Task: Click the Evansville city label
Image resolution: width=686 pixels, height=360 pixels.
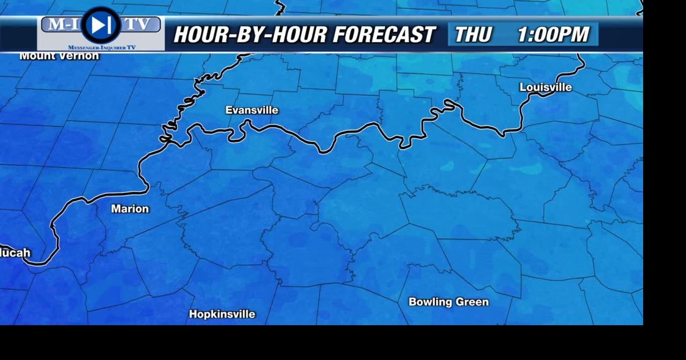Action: click(252, 110)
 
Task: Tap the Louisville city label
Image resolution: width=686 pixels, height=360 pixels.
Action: click(546, 87)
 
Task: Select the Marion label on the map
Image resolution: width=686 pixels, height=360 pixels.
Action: click(130, 209)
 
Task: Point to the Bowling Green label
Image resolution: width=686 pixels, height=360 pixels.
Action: click(449, 302)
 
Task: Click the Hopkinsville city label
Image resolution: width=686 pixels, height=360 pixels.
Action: click(222, 314)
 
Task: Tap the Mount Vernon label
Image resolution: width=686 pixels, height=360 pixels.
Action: click(59, 56)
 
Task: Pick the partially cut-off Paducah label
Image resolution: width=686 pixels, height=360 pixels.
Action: click(15, 253)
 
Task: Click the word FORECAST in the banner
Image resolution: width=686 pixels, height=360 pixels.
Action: click(384, 35)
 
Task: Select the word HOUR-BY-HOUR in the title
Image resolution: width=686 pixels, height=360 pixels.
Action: click(249, 35)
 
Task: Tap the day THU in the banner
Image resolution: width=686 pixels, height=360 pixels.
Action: click(473, 35)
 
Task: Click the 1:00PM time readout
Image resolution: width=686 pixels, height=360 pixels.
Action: click(553, 35)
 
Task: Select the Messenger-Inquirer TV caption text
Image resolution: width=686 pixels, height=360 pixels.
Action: click(102, 48)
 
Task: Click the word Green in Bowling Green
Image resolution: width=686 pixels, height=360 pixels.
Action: click(472, 302)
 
